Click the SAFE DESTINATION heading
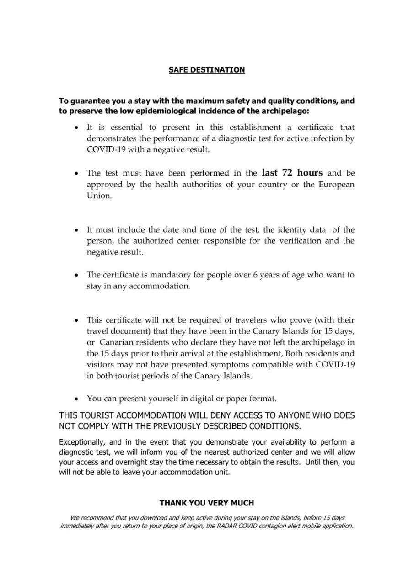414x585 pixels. pyautogui.click(x=207, y=70)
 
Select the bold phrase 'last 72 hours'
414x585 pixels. pyautogui.click(x=292, y=173)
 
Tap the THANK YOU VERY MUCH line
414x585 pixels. pyautogui.click(x=207, y=503)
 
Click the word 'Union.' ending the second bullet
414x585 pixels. pyautogui.click(x=99, y=196)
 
